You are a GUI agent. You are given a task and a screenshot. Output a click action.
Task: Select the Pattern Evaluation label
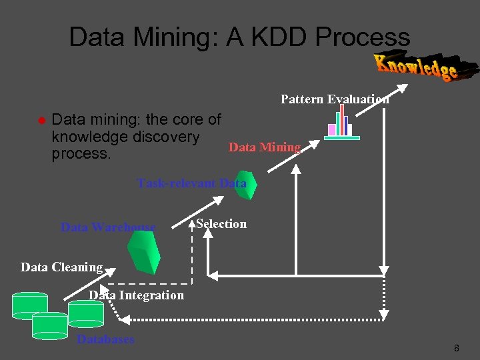click(x=335, y=99)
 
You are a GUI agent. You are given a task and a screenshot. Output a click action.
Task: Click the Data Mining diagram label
click(x=265, y=147)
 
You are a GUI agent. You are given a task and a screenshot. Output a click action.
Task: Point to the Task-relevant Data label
click(x=192, y=183)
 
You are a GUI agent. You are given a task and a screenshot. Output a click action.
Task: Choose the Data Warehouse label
click(x=108, y=227)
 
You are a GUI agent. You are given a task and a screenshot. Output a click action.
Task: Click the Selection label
click(x=221, y=224)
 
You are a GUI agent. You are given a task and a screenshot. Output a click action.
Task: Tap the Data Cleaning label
click(x=61, y=267)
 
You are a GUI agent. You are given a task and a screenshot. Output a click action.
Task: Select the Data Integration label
click(x=137, y=295)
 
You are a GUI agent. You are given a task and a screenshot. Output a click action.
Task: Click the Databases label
click(x=105, y=339)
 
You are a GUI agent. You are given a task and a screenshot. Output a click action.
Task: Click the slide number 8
click(x=456, y=348)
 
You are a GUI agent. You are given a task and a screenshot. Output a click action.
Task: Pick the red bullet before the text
click(x=41, y=121)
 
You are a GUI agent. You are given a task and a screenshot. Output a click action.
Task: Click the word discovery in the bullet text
click(x=167, y=137)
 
